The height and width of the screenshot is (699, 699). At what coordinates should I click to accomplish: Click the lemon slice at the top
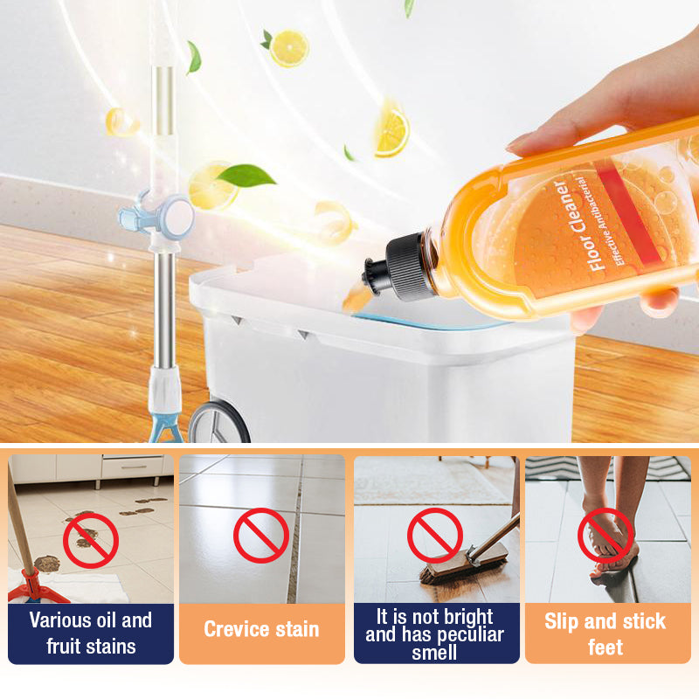pos(288,48)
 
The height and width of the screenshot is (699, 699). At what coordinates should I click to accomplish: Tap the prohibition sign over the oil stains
pos(90,537)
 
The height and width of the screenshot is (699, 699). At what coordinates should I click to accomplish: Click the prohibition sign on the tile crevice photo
pos(260,535)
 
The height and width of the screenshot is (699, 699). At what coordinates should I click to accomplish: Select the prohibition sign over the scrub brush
pos(434,535)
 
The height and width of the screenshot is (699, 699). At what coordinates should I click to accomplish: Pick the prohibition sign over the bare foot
pos(605,535)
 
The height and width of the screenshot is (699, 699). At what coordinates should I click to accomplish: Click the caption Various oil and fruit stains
pos(90,633)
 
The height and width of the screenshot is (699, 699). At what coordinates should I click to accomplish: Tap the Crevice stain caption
pos(261,629)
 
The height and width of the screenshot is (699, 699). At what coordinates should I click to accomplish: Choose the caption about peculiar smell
pos(434,633)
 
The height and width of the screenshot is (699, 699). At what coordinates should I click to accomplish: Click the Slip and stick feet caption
pos(605,633)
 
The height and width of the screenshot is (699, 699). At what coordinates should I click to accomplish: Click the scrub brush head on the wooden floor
pos(463,564)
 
